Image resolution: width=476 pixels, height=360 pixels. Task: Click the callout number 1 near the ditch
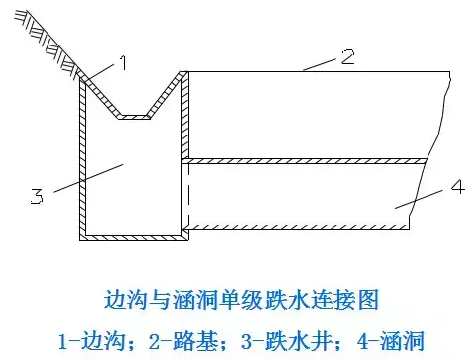123,63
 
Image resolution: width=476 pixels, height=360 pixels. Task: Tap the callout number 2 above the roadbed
347,56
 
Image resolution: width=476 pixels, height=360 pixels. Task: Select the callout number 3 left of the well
37,196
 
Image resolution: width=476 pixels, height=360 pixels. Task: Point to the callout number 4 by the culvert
458,187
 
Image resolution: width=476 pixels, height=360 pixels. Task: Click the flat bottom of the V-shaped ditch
135,117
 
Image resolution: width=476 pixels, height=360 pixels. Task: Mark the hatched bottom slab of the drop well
134,238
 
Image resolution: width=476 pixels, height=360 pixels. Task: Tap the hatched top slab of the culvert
304,161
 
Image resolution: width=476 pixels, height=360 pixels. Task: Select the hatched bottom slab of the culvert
296,227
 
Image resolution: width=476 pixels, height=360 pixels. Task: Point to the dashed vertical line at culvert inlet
188,195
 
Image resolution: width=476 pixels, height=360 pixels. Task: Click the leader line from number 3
88,178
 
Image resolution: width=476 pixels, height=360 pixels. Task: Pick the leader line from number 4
419,199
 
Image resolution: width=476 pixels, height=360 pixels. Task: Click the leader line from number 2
320,64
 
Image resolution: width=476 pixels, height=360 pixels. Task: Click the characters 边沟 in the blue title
126,300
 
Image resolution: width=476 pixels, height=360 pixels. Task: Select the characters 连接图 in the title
346,300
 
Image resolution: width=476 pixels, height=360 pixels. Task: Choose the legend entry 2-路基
184,341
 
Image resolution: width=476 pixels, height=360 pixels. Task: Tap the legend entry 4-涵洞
391,341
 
